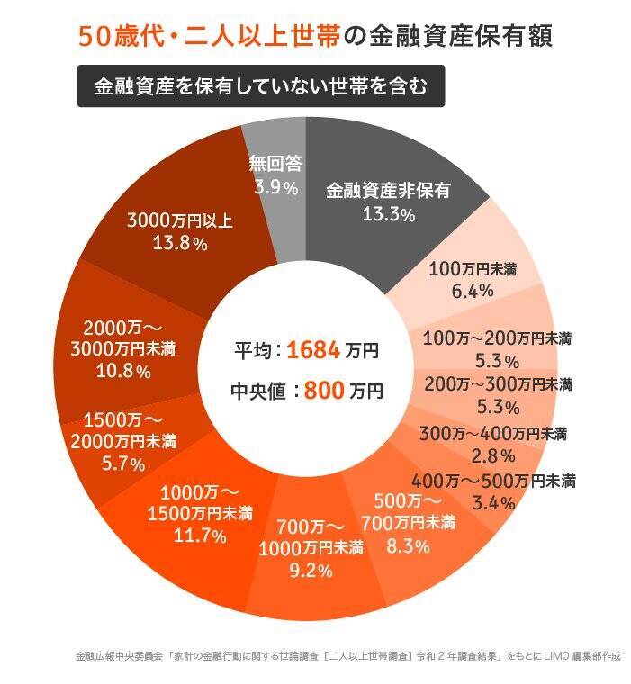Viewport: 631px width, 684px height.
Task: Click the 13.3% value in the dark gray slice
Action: pos(388,214)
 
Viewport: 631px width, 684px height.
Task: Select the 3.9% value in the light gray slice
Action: pos(275,188)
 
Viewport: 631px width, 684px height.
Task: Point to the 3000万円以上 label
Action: pos(180,220)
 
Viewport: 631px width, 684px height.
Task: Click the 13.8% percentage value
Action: pos(180,244)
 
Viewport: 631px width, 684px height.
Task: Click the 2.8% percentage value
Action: pos(493,455)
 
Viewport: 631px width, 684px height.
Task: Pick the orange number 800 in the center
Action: pos(324,391)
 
